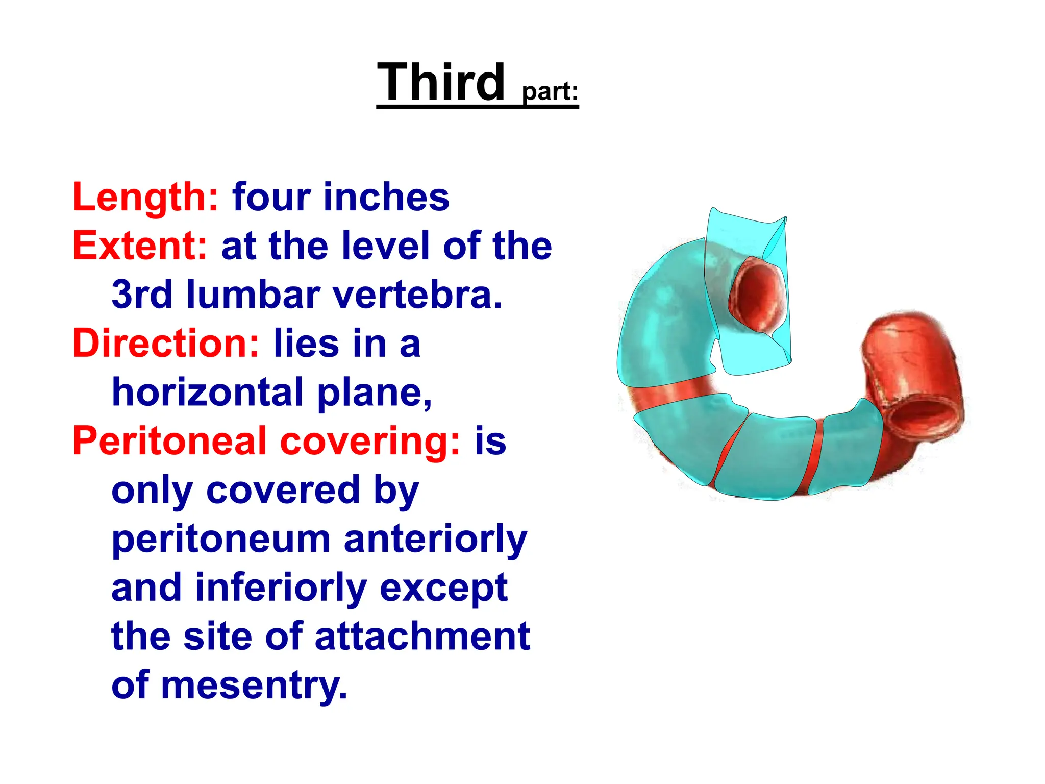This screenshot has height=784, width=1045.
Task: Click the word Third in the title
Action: pos(441,83)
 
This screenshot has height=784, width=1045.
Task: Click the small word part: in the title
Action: pos(550,92)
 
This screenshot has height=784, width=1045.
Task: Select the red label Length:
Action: pos(146,197)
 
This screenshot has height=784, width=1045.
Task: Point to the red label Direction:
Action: pos(166,343)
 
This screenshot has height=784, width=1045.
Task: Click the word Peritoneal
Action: pos(170,441)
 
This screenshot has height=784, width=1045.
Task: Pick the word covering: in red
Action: pos(370,441)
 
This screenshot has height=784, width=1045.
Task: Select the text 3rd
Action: pos(142,295)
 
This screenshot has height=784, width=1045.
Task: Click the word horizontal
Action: pos(208,392)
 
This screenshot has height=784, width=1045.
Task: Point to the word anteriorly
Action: pos(435,539)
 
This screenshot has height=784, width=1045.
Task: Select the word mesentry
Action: pos(254,685)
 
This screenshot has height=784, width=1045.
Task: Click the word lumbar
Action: pos(253,295)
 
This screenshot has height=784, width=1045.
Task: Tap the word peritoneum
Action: pos(221,539)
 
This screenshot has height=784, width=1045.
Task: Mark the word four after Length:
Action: pos(271,197)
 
